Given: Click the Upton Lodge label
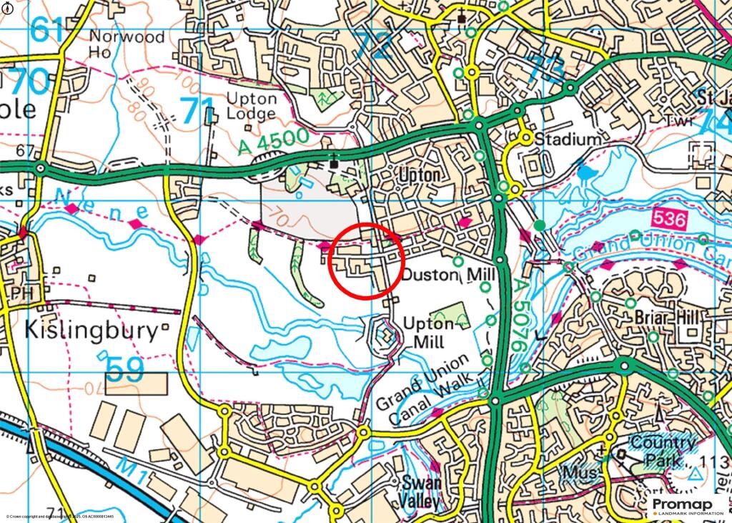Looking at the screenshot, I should (252, 106).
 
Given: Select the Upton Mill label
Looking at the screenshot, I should (428, 331).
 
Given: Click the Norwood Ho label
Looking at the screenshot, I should (124, 44).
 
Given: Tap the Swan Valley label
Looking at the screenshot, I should (422, 491).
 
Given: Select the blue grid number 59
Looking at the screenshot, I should (126, 368).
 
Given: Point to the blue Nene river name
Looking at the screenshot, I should (101, 204).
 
